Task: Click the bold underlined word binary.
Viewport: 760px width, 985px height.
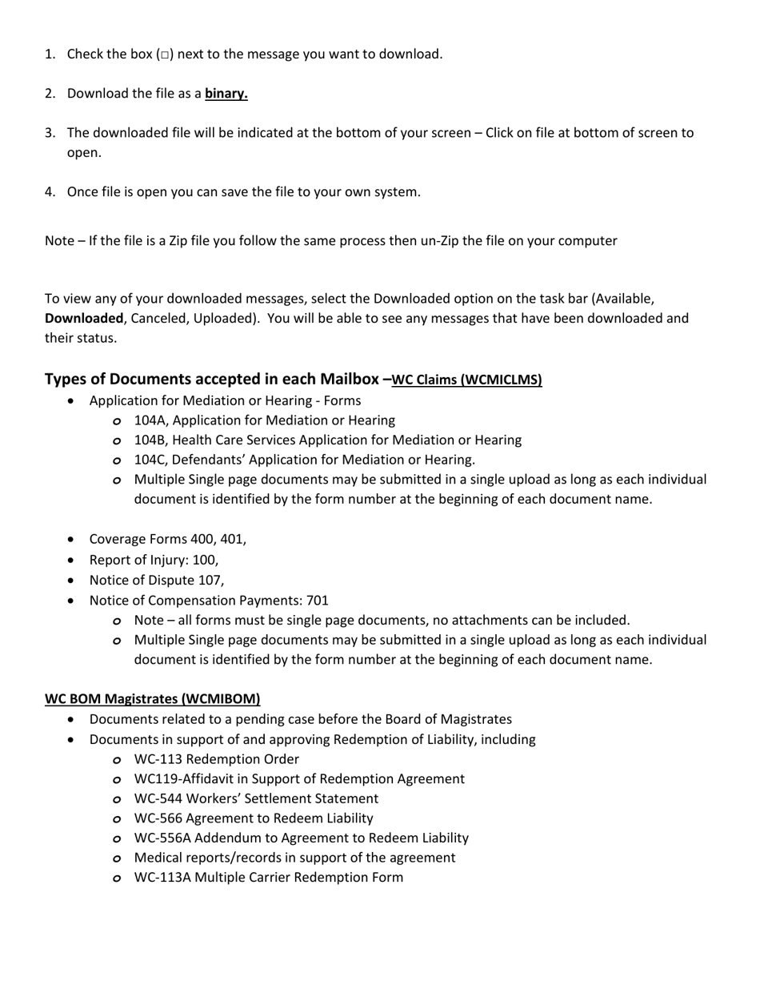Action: (226, 94)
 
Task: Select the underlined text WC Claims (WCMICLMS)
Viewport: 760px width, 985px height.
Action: (466, 380)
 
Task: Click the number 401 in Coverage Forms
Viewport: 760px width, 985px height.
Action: (233, 539)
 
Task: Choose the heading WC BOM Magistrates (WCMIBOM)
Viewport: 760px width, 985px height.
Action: (152, 699)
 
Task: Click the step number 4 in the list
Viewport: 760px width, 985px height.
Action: (50, 192)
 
